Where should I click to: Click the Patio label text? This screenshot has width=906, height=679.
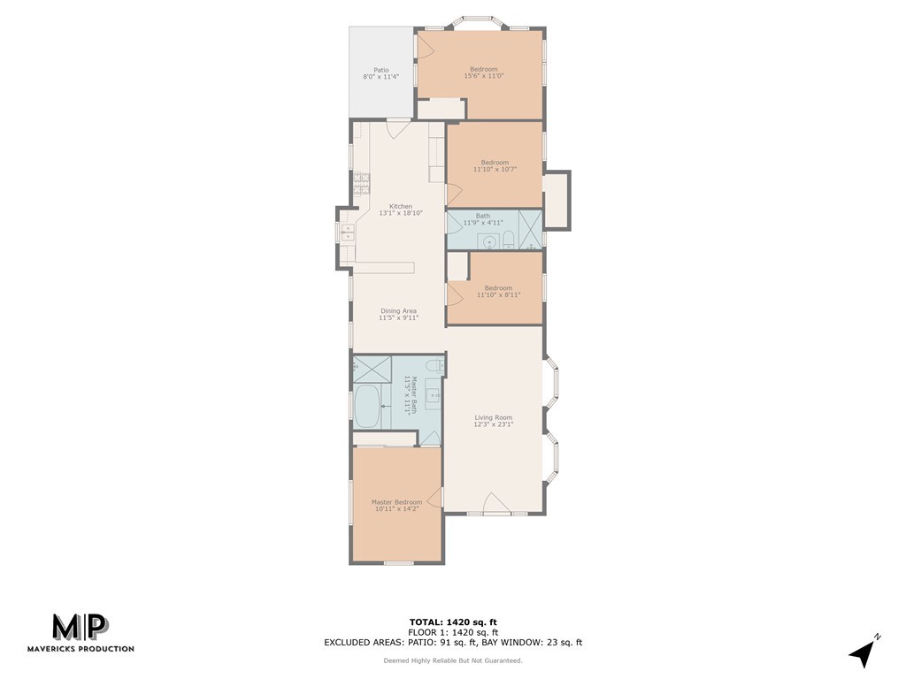380,70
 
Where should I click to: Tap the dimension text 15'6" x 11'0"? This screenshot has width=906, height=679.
483,76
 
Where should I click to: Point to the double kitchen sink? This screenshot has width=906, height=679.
348,233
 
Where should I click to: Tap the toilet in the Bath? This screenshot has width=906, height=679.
509,239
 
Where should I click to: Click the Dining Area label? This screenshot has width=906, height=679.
398,310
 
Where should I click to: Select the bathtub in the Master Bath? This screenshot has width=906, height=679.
367,406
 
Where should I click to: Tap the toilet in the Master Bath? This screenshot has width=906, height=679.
433,365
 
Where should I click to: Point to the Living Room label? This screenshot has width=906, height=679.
493,417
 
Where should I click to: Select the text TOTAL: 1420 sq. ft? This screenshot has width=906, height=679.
453,622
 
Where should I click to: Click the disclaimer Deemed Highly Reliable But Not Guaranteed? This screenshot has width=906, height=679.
453,660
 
